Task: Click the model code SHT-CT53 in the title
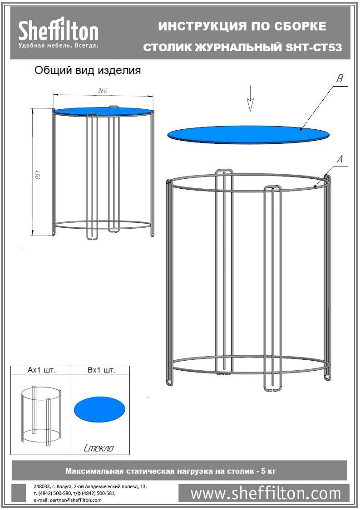tap(314, 48)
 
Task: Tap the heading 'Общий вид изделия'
tap(88, 70)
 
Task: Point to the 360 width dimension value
tap(103, 91)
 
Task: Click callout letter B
tap(340, 78)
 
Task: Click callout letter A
tap(340, 159)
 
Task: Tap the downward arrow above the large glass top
tap(250, 98)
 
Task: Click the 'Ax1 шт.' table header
tap(41, 370)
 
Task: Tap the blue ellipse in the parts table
tap(99, 409)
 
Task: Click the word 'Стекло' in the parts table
tap(99, 448)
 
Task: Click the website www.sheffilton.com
tap(266, 493)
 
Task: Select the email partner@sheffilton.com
tap(67, 500)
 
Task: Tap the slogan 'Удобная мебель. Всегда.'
tap(58, 45)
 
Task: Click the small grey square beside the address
tap(19, 493)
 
